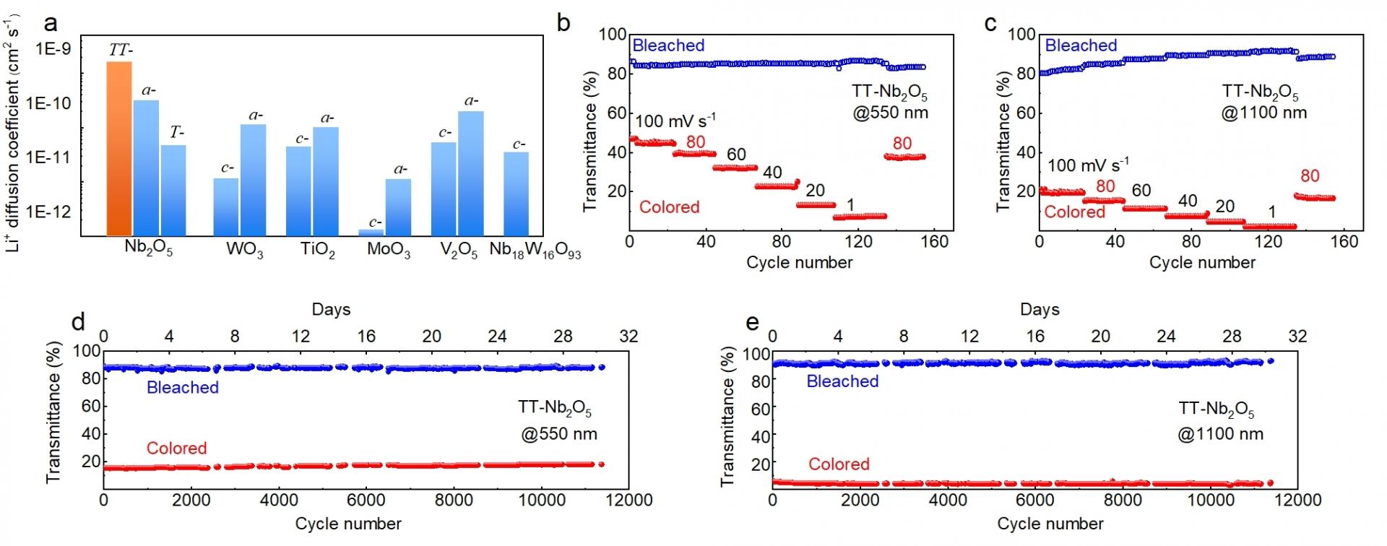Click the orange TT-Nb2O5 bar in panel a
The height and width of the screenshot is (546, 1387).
tap(119, 148)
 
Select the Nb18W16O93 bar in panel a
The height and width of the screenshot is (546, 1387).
tap(515, 194)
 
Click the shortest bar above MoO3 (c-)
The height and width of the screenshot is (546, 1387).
tap(371, 232)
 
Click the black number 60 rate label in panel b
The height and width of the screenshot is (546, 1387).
tap(735, 155)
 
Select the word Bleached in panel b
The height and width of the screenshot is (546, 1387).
tap(668, 45)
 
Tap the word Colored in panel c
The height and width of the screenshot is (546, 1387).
tap(1074, 212)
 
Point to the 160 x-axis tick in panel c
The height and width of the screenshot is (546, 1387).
tap(1344, 241)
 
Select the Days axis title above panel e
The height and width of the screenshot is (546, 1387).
tap(1040, 310)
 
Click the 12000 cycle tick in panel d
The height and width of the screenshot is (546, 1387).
tap(626, 500)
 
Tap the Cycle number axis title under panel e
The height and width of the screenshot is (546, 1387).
tap(1050, 524)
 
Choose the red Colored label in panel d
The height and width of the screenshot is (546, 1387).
tap(176, 448)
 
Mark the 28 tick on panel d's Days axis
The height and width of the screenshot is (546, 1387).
tap(563, 336)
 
